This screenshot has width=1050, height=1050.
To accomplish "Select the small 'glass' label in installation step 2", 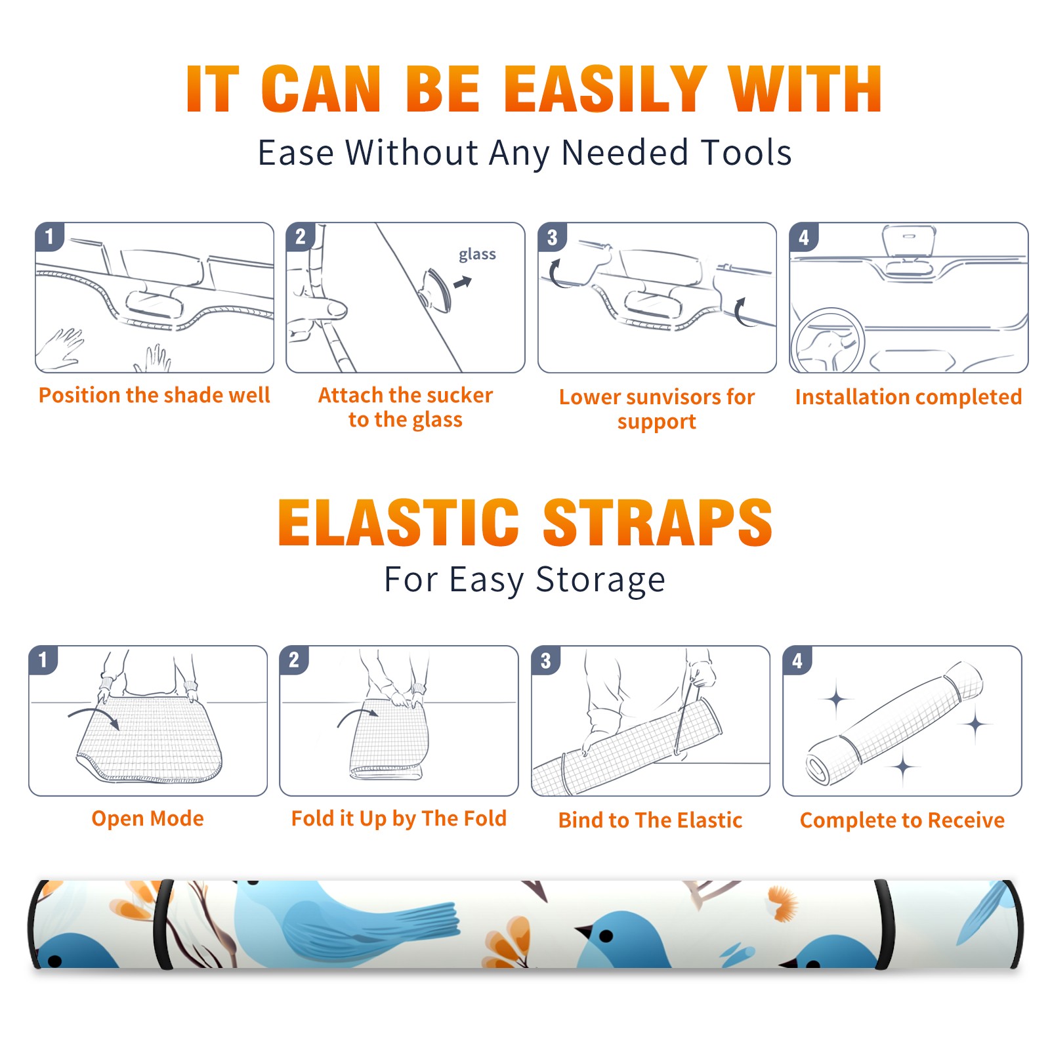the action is click(x=477, y=255).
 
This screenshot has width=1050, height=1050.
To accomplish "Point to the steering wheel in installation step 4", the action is click(x=828, y=341).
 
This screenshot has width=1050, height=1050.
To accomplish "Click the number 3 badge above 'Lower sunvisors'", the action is click(x=552, y=237).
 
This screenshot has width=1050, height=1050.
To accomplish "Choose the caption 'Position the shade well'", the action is click(x=154, y=395).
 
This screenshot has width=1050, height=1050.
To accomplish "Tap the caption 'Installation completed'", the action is click(x=908, y=396).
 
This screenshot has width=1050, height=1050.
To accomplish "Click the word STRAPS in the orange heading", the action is click(x=658, y=522).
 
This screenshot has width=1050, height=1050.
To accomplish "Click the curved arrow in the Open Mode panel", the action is click(x=93, y=715).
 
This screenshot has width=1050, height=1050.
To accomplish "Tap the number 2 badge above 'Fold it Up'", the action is click(x=294, y=660).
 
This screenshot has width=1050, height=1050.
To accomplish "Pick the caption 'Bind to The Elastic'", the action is click(x=650, y=820).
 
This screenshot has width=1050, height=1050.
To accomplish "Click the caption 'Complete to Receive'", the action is click(x=902, y=820).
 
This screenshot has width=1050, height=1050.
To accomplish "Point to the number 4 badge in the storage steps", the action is click(x=797, y=660).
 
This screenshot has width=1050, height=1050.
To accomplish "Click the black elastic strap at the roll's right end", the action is click(x=883, y=924).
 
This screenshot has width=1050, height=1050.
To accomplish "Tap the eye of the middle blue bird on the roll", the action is click(x=607, y=936).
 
